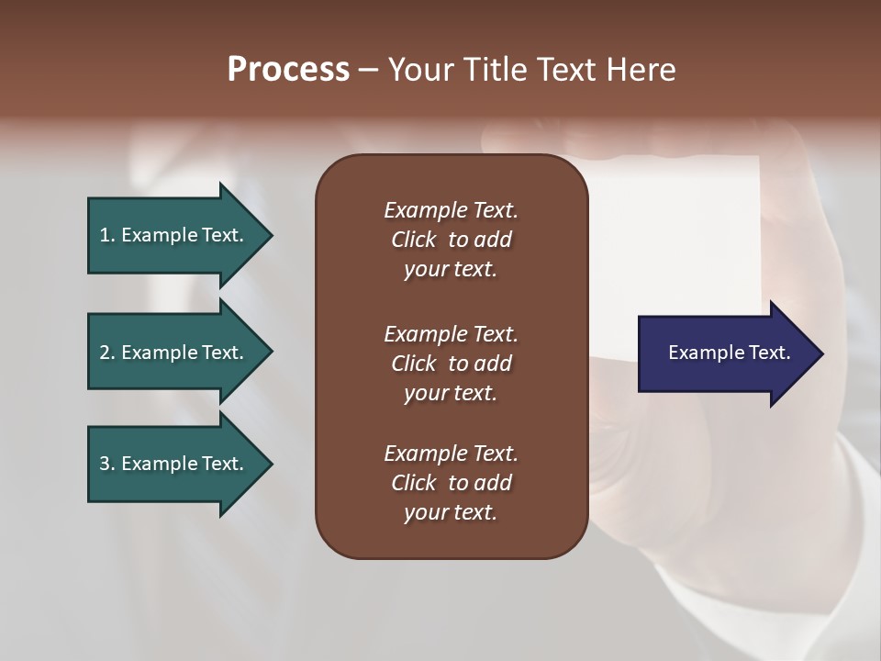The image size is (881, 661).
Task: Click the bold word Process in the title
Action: click(x=288, y=70)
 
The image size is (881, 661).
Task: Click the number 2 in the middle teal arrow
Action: click(x=105, y=353)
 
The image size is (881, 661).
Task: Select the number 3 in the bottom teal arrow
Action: click(x=105, y=464)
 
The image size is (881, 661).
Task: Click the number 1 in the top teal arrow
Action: click(x=105, y=235)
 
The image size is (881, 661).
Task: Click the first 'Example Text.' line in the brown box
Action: click(x=451, y=210)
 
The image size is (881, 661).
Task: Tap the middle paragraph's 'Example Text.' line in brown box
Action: click(x=451, y=333)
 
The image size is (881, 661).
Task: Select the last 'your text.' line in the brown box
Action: click(x=451, y=512)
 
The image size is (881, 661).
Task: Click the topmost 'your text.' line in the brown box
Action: click(x=451, y=270)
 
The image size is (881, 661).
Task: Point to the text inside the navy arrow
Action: click(x=729, y=353)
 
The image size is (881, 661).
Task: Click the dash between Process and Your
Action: click(x=368, y=71)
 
